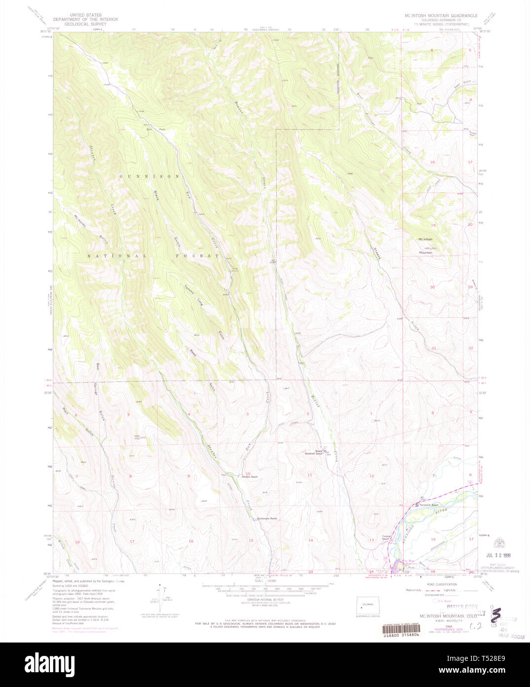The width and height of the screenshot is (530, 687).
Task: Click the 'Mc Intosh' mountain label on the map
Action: (x=425, y=239)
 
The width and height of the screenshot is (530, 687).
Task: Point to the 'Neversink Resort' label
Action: (x=428, y=505)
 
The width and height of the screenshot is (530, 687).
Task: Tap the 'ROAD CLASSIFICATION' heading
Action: (x=442, y=584)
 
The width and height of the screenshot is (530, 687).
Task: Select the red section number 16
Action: (x=190, y=541)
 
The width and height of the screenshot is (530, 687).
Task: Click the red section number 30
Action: (x=432, y=287)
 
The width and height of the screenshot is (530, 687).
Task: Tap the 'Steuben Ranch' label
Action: (x=249, y=477)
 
